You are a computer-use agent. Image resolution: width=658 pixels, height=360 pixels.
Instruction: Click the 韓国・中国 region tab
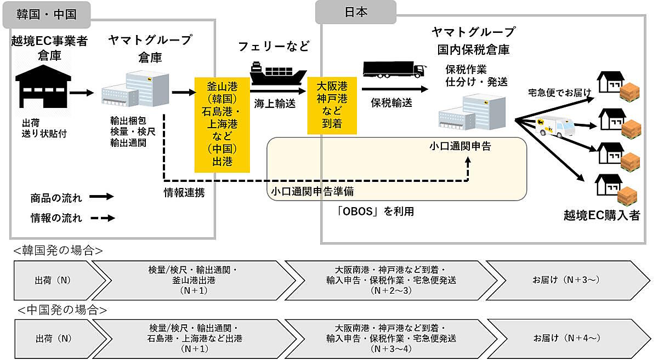pyautogui.click(x=47, y=14)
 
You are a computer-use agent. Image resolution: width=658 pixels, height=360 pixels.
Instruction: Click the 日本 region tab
pyautogui.click(x=356, y=12)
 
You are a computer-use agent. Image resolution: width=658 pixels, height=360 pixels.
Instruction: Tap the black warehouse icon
pyautogui.click(x=43, y=86)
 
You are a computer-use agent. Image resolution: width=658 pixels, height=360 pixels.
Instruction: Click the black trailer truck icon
pyautogui.click(x=394, y=71)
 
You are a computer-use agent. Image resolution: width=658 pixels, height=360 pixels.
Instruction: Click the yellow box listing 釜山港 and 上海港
pyautogui.click(x=222, y=124)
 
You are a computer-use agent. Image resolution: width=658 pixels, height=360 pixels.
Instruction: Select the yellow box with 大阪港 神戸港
pyautogui.click(x=328, y=105)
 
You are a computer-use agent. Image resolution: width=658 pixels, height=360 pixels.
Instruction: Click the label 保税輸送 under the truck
pyautogui.click(x=392, y=102)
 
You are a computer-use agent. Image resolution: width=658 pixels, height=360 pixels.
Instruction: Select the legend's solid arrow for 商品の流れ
pyautogui.click(x=101, y=196)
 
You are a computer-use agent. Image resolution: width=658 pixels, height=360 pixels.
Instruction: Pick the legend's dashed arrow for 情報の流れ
pyautogui.click(x=101, y=218)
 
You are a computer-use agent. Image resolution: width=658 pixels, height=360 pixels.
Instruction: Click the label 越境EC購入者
pyautogui.click(x=602, y=215)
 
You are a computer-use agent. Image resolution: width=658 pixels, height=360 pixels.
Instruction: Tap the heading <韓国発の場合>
pyautogui.click(x=58, y=251)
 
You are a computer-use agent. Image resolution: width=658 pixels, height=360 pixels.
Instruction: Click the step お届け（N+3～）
pyautogui.click(x=565, y=279)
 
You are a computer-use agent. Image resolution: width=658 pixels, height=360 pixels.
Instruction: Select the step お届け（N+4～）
pyautogui.click(x=565, y=338)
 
